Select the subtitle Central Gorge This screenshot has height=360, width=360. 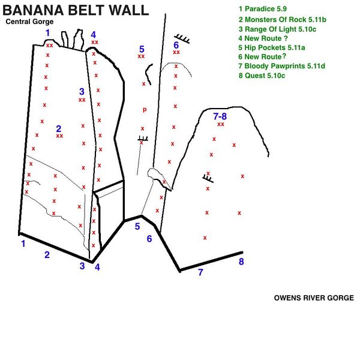tap(29, 22)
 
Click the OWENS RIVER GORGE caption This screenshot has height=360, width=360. tap(314, 298)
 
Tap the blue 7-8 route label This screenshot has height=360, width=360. tap(220, 116)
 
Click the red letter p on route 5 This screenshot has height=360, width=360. tap(144, 109)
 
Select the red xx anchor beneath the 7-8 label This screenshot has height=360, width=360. tap(221, 124)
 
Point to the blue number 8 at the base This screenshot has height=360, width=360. tap(241, 262)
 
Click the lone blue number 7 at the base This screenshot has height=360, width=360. tap(200, 273)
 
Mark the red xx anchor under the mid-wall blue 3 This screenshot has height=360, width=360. tap(82, 100)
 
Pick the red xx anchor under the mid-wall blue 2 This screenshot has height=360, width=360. tap(59, 136)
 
